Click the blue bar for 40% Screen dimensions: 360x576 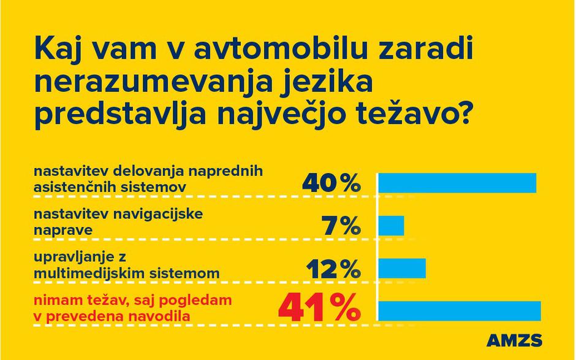tap(457, 183)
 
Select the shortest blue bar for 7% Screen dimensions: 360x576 tap(391, 226)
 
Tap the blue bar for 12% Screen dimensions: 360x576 tap(402, 268)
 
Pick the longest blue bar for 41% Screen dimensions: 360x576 tap(460, 311)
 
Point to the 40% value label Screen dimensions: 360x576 tap(332, 183)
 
